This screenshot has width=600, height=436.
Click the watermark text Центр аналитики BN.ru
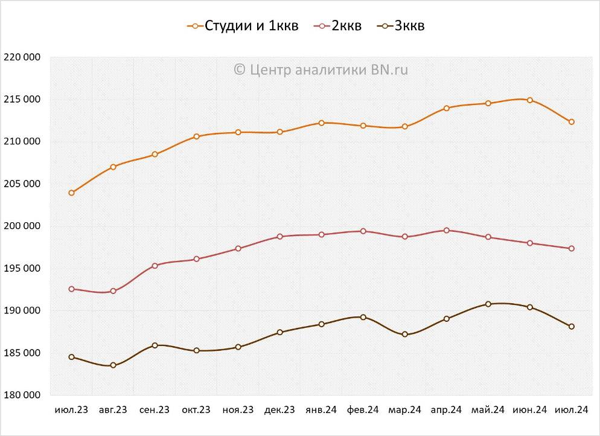(321, 69)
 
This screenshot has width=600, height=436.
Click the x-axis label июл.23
(71, 410)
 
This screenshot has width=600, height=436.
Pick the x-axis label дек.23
(279, 410)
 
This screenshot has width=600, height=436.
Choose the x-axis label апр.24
(446, 410)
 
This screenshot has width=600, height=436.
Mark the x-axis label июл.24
(571, 410)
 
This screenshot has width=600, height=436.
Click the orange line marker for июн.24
(530, 100)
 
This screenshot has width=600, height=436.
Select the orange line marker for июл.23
(71, 193)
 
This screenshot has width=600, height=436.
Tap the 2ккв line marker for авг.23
(113, 291)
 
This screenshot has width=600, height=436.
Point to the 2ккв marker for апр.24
(447, 230)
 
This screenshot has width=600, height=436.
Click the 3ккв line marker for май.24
(488, 304)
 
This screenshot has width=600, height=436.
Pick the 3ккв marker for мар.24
(404, 335)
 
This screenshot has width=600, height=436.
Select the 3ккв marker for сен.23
(155, 345)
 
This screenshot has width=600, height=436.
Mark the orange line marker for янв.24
(321, 123)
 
